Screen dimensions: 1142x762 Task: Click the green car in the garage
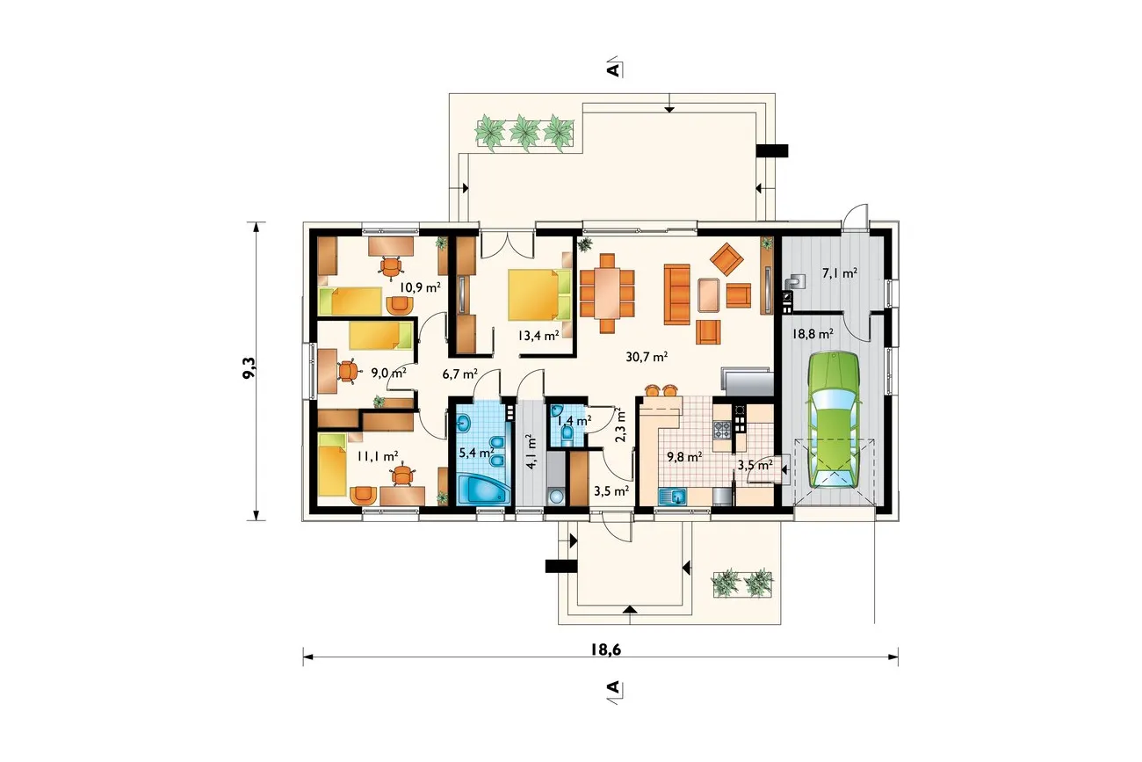[x=833, y=420]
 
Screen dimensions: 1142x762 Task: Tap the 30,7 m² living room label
[x=647, y=357]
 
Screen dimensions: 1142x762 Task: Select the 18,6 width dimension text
[x=606, y=650]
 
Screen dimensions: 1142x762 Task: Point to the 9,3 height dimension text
[x=249, y=367]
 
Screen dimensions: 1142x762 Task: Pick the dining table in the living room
[x=607, y=294]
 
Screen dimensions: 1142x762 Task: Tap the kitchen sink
[x=672, y=496]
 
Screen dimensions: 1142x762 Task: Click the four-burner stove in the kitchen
[x=722, y=430]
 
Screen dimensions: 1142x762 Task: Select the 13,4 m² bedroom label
[x=538, y=335]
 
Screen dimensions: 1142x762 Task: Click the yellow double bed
[x=539, y=295]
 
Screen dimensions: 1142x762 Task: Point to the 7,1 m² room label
[x=840, y=272]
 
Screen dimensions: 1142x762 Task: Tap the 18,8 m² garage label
[x=813, y=334]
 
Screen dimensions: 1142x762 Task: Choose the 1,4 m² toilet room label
[x=574, y=420]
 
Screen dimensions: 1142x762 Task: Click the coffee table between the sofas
[x=709, y=294]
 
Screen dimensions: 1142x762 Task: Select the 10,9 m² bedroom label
[x=420, y=287]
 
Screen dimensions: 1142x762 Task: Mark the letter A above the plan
[x=613, y=69]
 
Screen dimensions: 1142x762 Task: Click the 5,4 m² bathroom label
[x=477, y=453]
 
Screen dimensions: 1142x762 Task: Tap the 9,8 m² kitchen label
[x=684, y=456]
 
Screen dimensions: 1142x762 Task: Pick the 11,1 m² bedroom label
[x=378, y=456]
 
